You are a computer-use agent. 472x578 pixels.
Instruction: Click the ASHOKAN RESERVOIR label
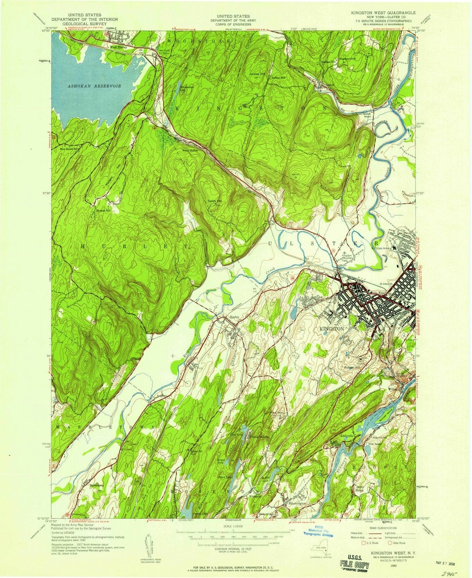coord(94,86)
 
